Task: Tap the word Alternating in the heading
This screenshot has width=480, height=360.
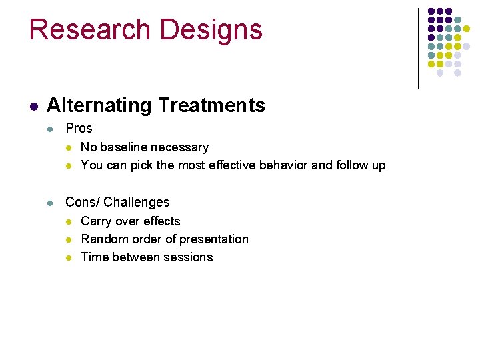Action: click(99, 105)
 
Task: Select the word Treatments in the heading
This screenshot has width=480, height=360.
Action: click(211, 105)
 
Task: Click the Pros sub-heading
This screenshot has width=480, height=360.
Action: click(79, 128)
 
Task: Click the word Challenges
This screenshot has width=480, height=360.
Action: click(137, 202)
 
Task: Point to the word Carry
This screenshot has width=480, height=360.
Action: click(96, 221)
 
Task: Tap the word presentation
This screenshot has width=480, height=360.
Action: click(213, 239)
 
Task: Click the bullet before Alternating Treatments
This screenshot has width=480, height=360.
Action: click(33, 106)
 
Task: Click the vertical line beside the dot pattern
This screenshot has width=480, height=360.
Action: click(418, 48)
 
